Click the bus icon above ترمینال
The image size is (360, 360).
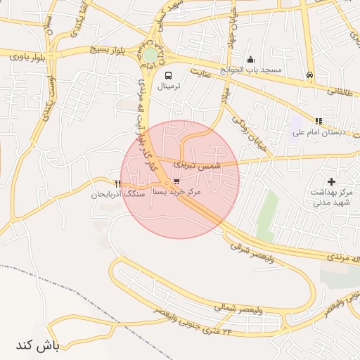click(x=168, y=75)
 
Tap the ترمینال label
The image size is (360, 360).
click(x=169, y=86)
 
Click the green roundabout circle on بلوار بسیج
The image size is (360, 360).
click(x=150, y=56)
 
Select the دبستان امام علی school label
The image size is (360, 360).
click(x=316, y=131)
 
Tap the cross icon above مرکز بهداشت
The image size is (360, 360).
click(x=331, y=181)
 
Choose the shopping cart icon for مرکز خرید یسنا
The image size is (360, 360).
click(x=176, y=181)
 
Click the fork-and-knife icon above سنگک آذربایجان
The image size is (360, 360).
click(x=117, y=184)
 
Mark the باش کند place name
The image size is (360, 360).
click(x=36, y=345)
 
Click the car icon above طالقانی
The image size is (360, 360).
click(x=310, y=75)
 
